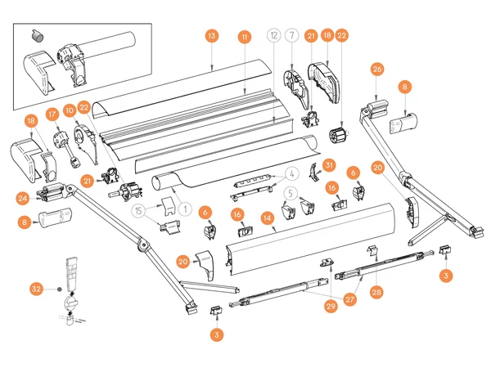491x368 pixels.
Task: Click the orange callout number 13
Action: pos(211,37)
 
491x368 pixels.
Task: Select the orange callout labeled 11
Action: pos(244,37)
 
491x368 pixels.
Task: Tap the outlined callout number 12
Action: pos(274,37)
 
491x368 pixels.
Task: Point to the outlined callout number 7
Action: pos(293,37)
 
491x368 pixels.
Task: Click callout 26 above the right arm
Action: pos(377,70)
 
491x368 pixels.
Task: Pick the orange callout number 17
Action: pos(52,114)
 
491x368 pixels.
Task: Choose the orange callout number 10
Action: pos(70,110)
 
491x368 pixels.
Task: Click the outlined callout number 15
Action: pos(140,210)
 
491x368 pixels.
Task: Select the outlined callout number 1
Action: pos(187,209)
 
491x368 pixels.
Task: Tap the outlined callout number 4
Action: pos(291,173)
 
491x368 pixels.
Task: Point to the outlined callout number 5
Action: pos(291,194)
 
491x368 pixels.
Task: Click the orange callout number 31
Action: pos(330,165)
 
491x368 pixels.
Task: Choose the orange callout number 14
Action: pos(267,218)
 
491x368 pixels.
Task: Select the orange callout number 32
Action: pos(36,289)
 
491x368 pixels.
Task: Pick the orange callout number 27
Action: pos(349,299)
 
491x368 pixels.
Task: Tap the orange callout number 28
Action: pos(376,290)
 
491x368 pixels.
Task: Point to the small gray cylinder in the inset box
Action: pos(35,35)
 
